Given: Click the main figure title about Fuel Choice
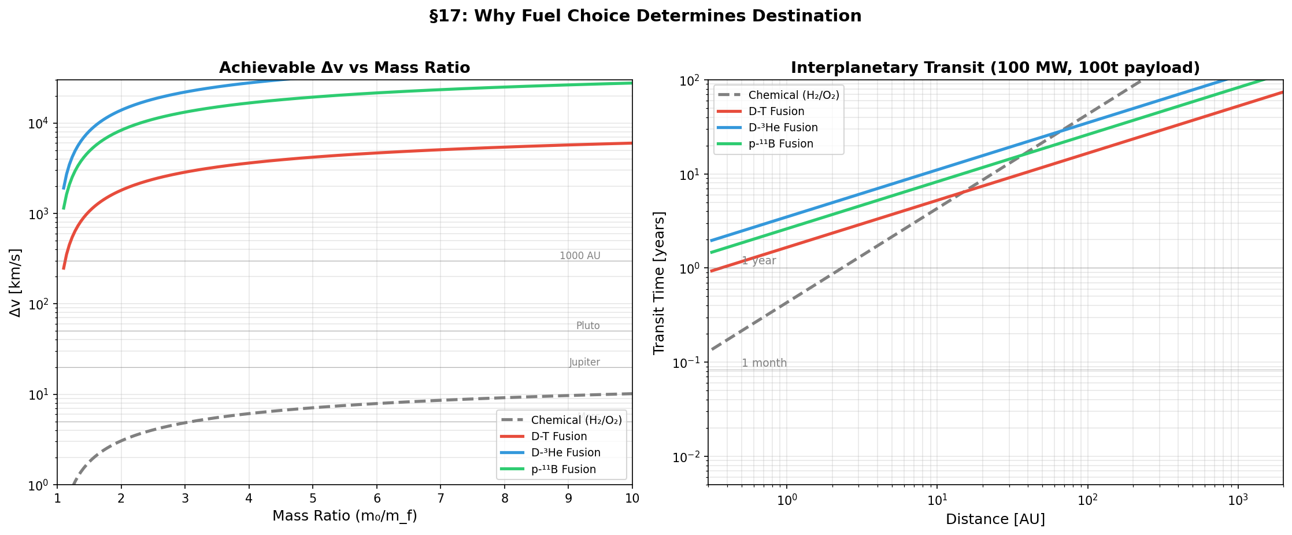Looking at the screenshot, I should click(645, 16).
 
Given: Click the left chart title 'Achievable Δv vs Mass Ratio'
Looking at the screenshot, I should click(345, 68).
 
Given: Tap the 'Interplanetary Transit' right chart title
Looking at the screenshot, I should click(995, 68).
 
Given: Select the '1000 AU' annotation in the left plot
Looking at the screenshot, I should click(580, 256).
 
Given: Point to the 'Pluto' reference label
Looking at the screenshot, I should click(588, 326).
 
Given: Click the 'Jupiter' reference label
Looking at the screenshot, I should click(584, 363).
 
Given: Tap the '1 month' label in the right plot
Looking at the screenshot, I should click(764, 363).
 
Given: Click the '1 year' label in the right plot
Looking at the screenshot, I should click(758, 261).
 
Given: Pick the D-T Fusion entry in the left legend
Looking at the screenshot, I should click(558, 437).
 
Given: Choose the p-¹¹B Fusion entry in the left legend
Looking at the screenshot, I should click(563, 469).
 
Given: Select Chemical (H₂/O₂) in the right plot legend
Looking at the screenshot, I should click(793, 95).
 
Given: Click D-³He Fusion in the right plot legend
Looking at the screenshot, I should click(783, 128).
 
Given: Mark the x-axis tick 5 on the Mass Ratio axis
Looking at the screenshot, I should click(313, 498).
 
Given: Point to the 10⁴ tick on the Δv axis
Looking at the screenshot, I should click(44, 123).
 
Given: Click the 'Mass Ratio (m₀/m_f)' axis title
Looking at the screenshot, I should click(345, 515).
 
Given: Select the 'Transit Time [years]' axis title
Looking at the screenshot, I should click(659, 283).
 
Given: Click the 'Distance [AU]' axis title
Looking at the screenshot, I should click(995, 519).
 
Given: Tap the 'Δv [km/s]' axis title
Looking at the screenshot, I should click(16, 283).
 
